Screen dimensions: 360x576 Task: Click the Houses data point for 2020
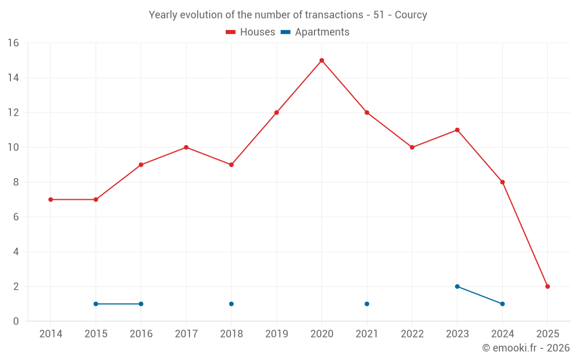point(321,60)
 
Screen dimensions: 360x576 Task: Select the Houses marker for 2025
point(547,286)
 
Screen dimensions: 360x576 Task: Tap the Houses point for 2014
point(51,199)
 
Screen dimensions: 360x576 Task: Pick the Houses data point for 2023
point(457,130)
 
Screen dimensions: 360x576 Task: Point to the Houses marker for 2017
point(186,147)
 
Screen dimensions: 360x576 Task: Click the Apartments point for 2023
point(457,286)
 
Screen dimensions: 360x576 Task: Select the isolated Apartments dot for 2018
point(231,304)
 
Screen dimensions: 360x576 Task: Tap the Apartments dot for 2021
point(367,304)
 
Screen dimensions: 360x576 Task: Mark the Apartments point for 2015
point(96,304)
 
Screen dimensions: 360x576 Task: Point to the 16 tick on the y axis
point(13,43)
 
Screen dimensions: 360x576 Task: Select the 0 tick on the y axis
point(16,321)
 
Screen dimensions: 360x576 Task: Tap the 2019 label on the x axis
point(276,334)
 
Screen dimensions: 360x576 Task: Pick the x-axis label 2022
point(412,334)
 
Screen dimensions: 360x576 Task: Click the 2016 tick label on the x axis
point(141,334)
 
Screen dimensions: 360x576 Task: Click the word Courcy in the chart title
point(411,15)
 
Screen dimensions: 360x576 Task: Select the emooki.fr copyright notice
point(525,348)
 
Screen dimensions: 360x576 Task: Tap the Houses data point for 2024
point(502,182)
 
